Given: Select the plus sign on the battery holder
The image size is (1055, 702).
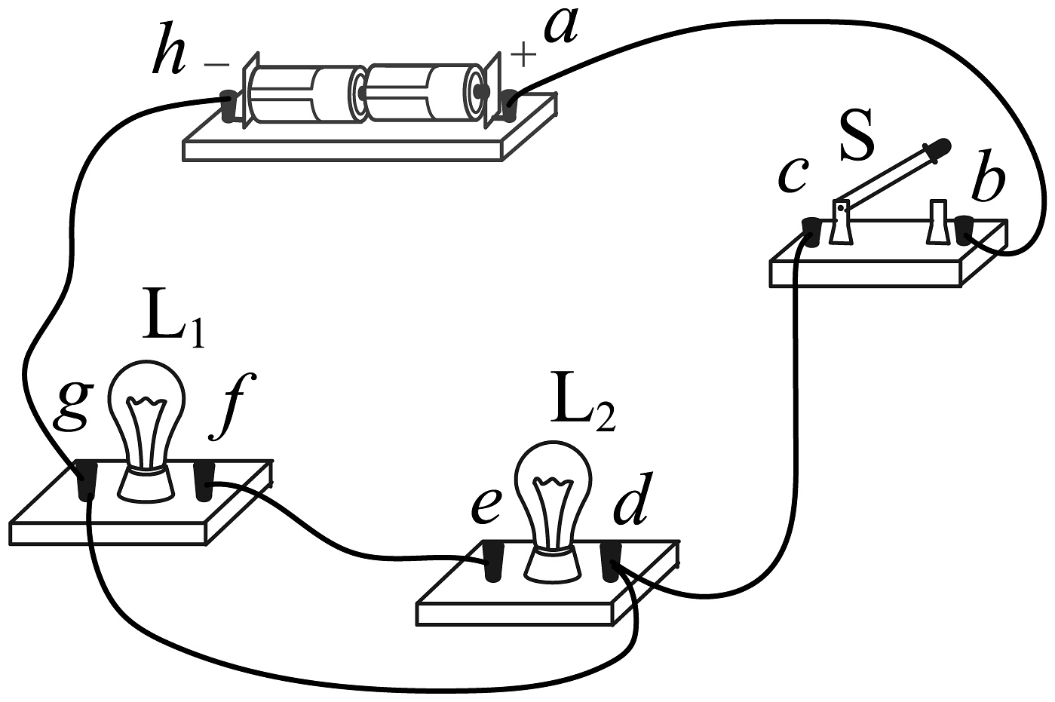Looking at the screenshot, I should [523, 54].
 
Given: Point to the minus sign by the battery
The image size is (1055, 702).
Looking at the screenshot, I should [216, 64].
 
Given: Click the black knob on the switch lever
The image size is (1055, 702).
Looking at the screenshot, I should [938, 148].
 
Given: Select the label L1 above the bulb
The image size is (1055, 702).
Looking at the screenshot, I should [173, 326].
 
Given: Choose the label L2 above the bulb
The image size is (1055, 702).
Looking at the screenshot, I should [583, 410].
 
